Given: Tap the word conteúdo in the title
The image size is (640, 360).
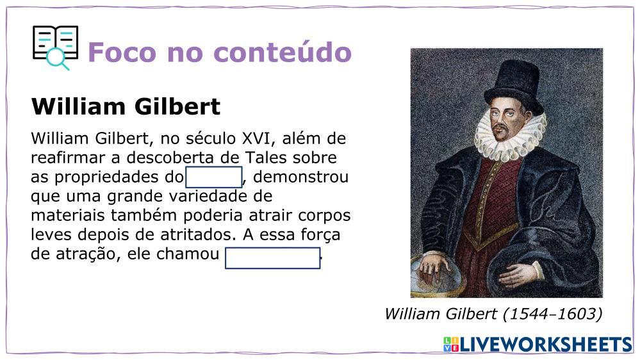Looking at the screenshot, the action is click(283, 52).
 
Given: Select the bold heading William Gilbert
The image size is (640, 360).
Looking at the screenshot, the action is click(126, 106).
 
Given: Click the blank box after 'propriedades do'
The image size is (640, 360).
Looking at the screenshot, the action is click(214, 177).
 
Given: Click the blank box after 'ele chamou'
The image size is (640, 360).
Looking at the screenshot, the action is click(273, 258).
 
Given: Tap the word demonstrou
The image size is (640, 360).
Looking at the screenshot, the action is click(301, 177).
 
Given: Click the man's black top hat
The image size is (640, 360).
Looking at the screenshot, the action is click(514, 86).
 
